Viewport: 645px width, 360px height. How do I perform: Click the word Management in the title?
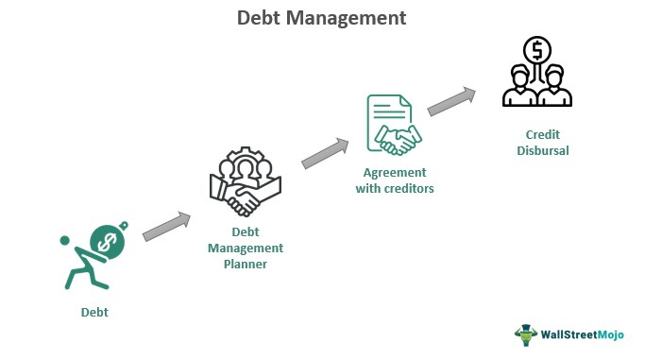pos(346,19)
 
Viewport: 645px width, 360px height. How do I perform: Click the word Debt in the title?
pos(259,18)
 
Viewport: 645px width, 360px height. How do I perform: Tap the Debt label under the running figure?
pos(94,312)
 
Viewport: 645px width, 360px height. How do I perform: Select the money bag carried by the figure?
pos(109,241)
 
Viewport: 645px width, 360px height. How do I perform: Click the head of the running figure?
pos(65,241)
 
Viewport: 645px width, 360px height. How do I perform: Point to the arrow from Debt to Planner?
pos(166,226)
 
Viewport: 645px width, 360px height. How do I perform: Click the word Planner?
pos(246,265)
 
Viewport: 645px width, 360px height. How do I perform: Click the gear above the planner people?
pos(246,158)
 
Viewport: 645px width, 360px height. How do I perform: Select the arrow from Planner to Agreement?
pos(325,153)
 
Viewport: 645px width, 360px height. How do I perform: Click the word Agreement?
pos(395,173)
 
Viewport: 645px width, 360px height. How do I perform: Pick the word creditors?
pos(408,188)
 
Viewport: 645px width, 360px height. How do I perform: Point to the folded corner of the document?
pos(405,101)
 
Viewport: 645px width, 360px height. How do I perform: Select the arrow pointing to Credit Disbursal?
pos(451,101)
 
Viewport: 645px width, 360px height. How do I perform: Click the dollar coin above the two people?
pos(536,50)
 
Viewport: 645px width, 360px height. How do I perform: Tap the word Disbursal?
pos(543,150)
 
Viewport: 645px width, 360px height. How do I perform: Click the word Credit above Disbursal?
pos(543,134)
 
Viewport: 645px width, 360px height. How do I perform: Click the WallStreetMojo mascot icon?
pos(526,334)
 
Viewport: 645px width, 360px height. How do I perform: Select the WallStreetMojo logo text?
pos(582,334)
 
